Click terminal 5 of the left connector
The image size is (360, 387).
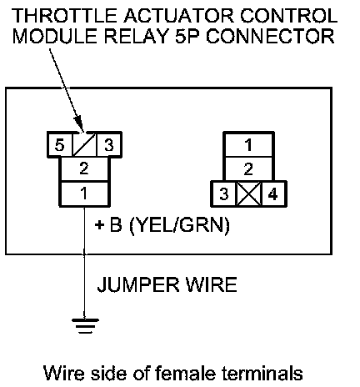click(x=60, y=145)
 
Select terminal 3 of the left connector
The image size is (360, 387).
click(x=108, y=145)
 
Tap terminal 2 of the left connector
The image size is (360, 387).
click(x=84, y=169)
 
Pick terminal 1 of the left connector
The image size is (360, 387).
click(x=84, y=193)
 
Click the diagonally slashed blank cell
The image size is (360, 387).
click(x=84, y=145)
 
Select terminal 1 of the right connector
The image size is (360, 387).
click(x=248, y=144)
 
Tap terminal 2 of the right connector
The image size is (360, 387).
click(x=248, y=169)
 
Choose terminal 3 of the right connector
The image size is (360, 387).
click(x=224, y=194)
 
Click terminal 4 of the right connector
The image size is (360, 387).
click(x=273, y=194)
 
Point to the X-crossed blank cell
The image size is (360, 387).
click(x=249, y=194)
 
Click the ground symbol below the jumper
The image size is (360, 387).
click(x=85, y=326)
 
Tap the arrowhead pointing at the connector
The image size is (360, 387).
click(x=79, y=124)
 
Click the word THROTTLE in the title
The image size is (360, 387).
click(x=64, y=16)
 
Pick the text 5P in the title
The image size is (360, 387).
click(x=188, y=36)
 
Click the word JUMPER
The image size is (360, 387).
click(x=138, y=284)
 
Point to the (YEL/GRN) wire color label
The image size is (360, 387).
click(x=180, y=224)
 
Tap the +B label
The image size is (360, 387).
click(x=108, y=224)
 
